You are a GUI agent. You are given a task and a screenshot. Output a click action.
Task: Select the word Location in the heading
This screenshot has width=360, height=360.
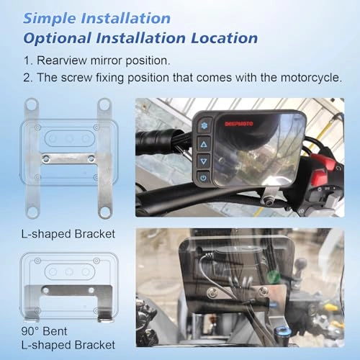(224, 38)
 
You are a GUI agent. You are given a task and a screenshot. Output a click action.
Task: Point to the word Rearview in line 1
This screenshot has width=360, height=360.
(61, 60)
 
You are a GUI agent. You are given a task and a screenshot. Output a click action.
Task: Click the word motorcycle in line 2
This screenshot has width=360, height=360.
(310, 78)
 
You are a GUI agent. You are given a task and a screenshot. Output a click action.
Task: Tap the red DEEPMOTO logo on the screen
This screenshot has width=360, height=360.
(239, 124)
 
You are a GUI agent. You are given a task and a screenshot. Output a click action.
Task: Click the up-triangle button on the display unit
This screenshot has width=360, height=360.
(204, 144)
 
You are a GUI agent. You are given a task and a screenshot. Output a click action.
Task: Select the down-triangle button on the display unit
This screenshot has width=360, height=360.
(204, 161)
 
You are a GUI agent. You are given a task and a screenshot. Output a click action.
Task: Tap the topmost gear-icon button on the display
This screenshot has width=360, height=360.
(204, 125)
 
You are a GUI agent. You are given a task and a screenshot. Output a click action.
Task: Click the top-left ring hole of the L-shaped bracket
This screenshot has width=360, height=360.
(32, 104)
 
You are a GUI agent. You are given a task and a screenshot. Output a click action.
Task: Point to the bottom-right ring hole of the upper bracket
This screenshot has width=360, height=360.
(105, 212)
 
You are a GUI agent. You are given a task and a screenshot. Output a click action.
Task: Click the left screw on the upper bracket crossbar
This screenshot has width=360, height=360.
(46, 158)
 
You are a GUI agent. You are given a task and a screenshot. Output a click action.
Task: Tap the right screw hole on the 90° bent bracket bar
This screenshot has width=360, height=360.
(91, 290)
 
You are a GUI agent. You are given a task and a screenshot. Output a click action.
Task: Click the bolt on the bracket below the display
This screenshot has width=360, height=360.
(270, 200)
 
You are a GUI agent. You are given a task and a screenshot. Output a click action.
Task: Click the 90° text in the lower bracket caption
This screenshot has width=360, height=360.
(30, 331)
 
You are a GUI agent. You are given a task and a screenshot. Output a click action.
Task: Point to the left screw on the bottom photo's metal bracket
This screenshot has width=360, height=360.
(212, 292)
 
